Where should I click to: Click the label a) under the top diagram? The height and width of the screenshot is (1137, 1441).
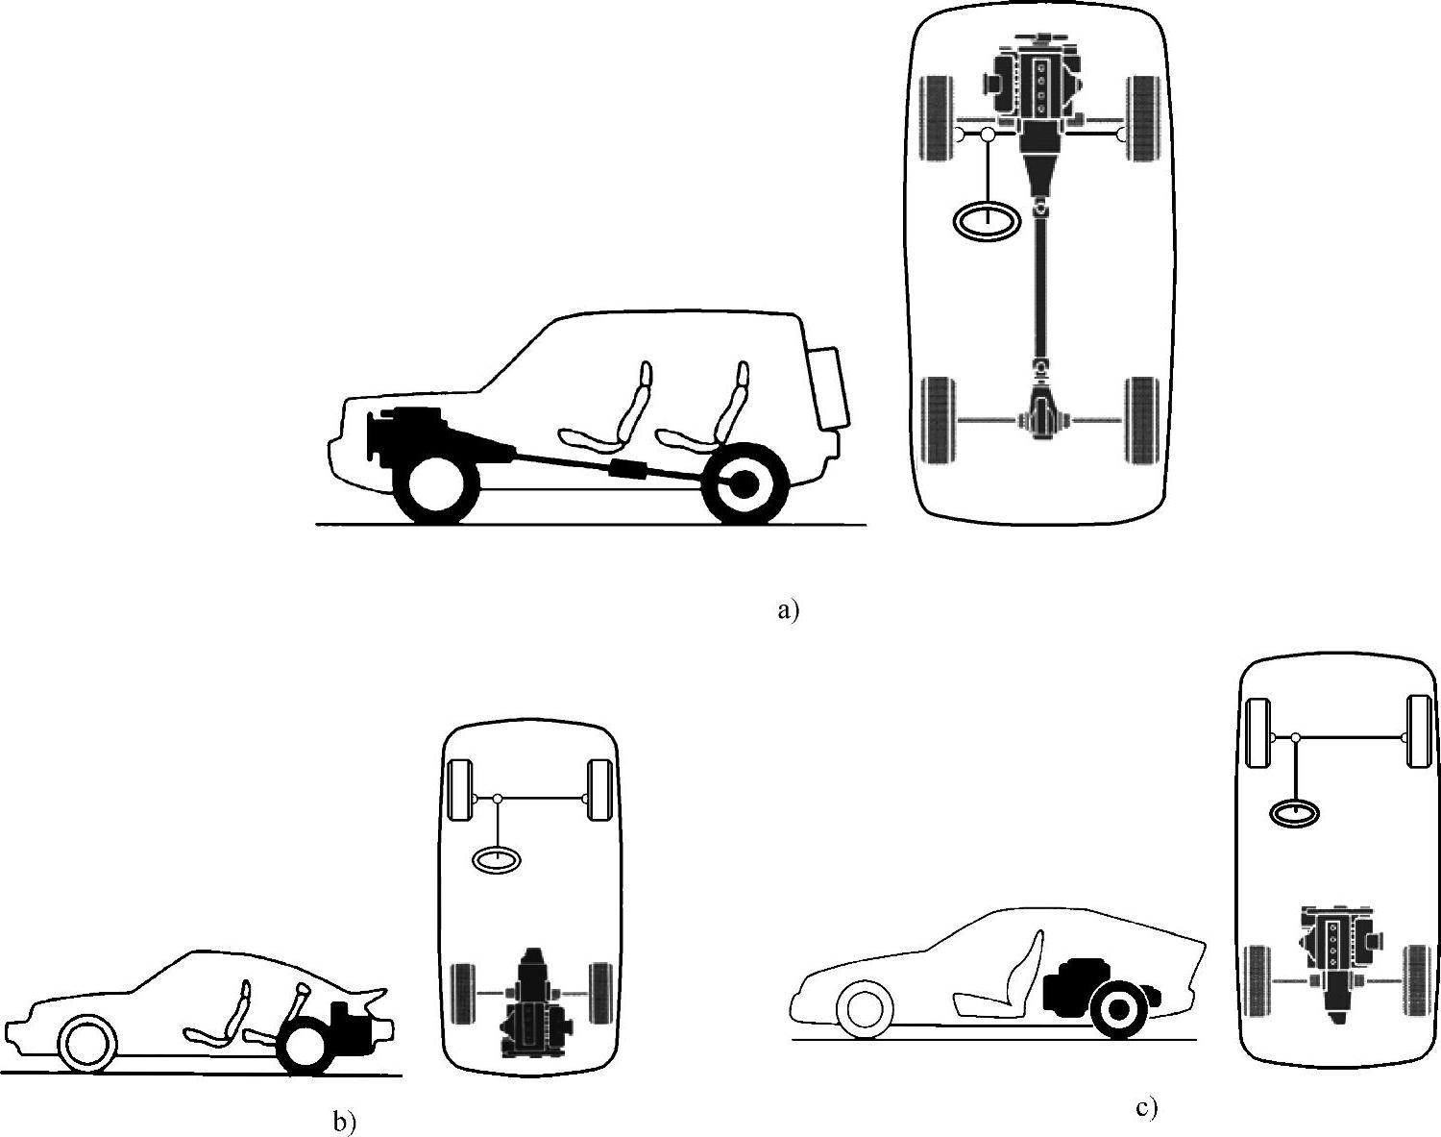click(x=788, y=610)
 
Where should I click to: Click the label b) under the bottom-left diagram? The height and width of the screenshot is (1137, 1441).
click(x=344, y=1121)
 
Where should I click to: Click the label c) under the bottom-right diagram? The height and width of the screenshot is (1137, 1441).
click(x=1146, y=1108)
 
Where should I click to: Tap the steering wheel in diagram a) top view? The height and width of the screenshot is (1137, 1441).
click(x=987, y=221)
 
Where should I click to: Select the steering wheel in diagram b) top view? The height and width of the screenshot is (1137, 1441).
click(x=496, y=859)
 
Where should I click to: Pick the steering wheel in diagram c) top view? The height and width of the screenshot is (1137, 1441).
click(x=1294, y=814)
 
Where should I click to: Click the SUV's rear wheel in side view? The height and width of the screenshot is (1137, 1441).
click(x=745, y=484)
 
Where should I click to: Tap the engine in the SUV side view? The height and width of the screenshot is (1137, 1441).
click(x=408, y=435)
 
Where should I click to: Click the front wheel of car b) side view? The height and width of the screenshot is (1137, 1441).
click(x=86, y=1044)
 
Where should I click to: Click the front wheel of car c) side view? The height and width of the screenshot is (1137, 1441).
click(x=865, y=1008)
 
